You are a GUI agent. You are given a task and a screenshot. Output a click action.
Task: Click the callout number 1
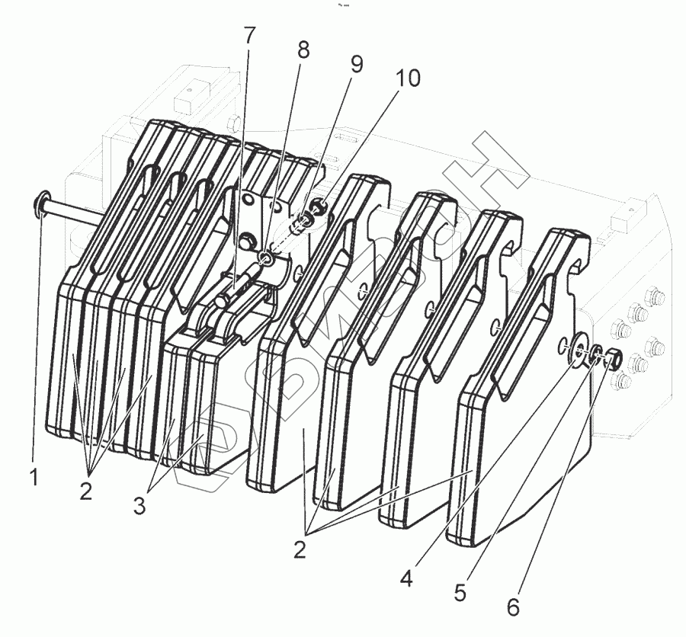[34, 478]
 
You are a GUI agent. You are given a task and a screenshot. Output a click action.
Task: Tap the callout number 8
[304, 50]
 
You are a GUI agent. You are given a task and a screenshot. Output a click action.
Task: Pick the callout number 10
[408, 78]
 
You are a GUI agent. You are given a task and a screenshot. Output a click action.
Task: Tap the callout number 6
[513, 607]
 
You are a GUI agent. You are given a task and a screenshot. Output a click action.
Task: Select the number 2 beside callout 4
[300, 550]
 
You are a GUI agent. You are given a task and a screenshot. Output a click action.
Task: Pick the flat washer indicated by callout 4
[578, 351]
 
